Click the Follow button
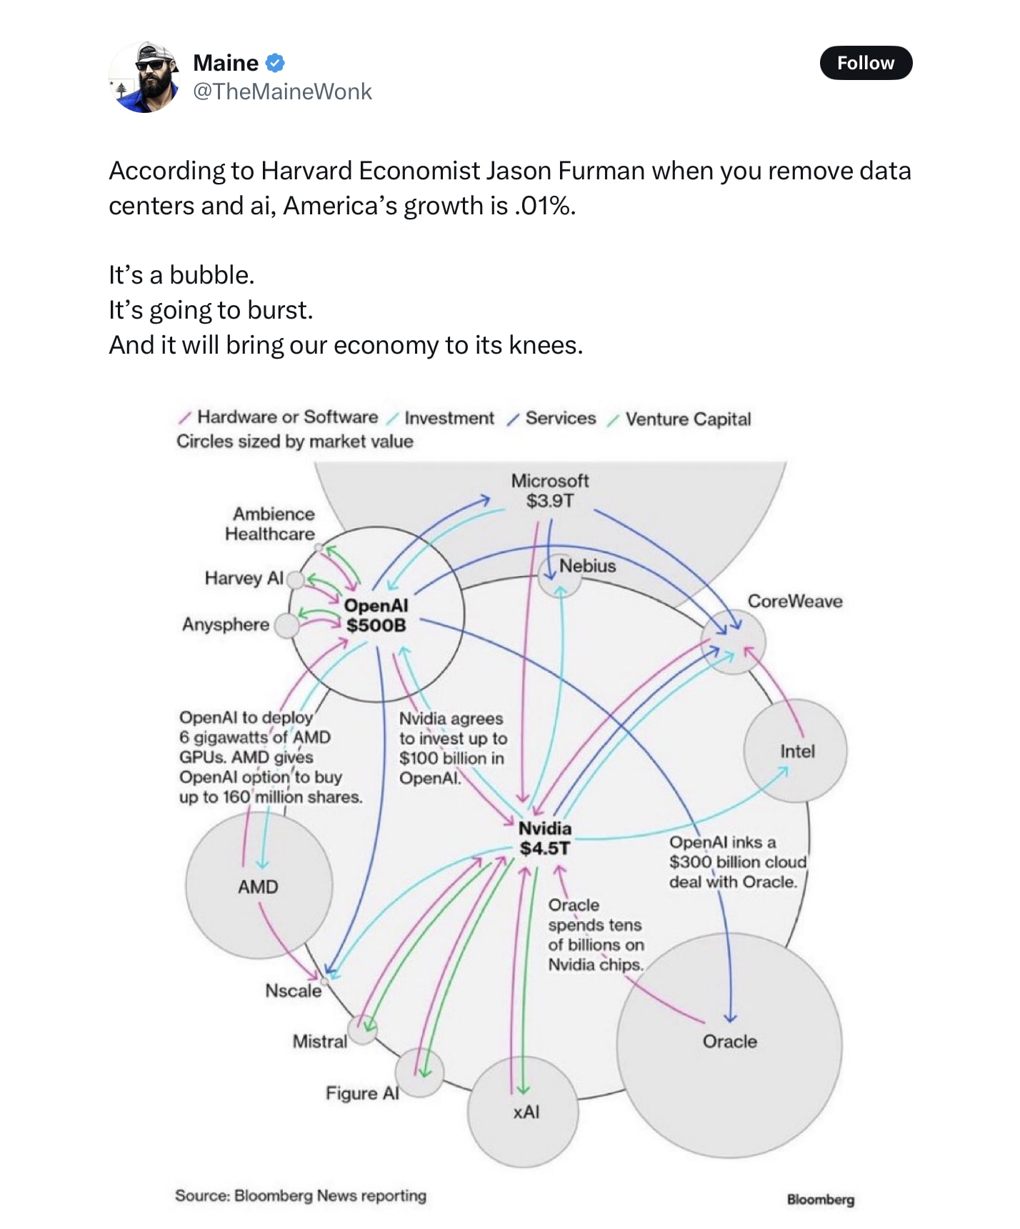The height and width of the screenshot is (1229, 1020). (865, 63)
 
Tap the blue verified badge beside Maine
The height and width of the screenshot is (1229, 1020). (275, 63)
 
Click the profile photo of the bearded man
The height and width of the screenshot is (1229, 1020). (144, 77)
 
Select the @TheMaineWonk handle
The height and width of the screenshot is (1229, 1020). (282, 91)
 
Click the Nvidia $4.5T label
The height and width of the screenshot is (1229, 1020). (544, 838)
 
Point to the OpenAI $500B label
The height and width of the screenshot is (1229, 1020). (376, 615)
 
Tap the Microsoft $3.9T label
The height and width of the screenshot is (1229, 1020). (549, 490)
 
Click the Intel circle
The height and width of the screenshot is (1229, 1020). (795, 751)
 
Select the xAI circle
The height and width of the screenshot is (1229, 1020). (523, 1112)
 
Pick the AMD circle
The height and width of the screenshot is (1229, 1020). (259, 887)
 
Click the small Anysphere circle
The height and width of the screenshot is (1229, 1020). (286, 626)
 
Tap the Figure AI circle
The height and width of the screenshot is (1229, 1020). (419, 1073)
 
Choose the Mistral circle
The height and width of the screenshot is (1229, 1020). (362, 1030)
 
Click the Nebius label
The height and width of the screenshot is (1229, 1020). (587, 566)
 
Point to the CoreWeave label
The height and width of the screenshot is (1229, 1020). (794, 601)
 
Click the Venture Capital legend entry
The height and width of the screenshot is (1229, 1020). (687, 419)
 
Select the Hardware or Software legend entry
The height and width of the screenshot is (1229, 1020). (287, 417)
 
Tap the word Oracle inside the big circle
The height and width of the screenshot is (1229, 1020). (729, 1041)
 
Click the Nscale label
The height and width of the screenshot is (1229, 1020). (293, 990)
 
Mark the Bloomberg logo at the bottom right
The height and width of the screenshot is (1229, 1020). (820, 1200)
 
